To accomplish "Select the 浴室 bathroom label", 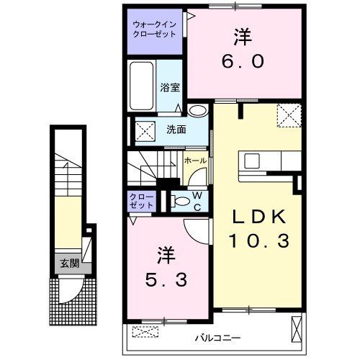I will [170, 88].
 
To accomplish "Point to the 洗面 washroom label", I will [176, 130].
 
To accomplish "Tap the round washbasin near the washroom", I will [197, 111].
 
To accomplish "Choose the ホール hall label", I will [195, 161].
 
